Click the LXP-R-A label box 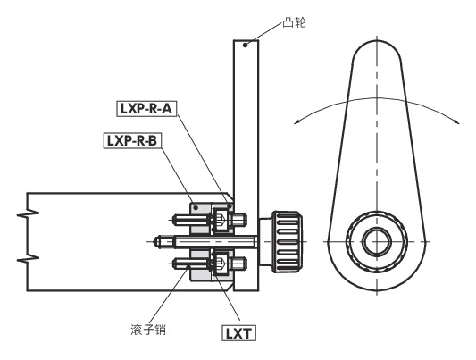[147, 109]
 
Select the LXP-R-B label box [132, 140]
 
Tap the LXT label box [238, 333]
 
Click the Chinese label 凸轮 [294, 22]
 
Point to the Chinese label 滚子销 [148, 330]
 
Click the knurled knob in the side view [288, 241]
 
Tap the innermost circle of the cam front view [377, 242]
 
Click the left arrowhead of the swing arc [296, 122]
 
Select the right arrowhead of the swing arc [457, 121]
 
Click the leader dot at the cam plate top [245, 46]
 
